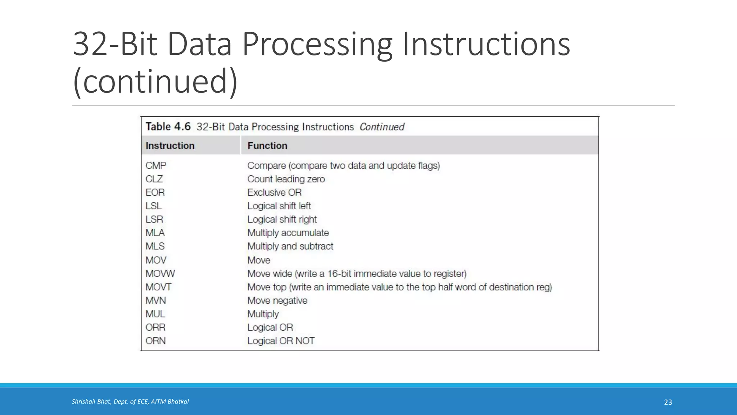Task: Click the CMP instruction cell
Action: pos(156,166)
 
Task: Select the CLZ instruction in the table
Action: pos(154,179)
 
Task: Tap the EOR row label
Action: pos(155,192)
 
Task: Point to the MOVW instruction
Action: pos(160,274)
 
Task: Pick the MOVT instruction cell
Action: pos(158,287)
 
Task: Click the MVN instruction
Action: pos(156,300)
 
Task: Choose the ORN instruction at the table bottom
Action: pos(155,341)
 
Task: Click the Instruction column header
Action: pos(170,146)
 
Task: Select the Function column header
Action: pos(267,146)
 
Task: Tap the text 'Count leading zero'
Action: pos(286,179)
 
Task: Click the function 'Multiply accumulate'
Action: pos(288,233)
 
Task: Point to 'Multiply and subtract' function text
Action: pos(290,246)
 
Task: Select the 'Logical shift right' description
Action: pos(282,219)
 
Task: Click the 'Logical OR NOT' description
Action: pos(281,341)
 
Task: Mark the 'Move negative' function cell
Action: pos(277,300)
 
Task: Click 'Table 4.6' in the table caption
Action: pos(168,127)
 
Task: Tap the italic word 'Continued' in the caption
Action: pos(382,127)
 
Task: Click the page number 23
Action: pos(668,402)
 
